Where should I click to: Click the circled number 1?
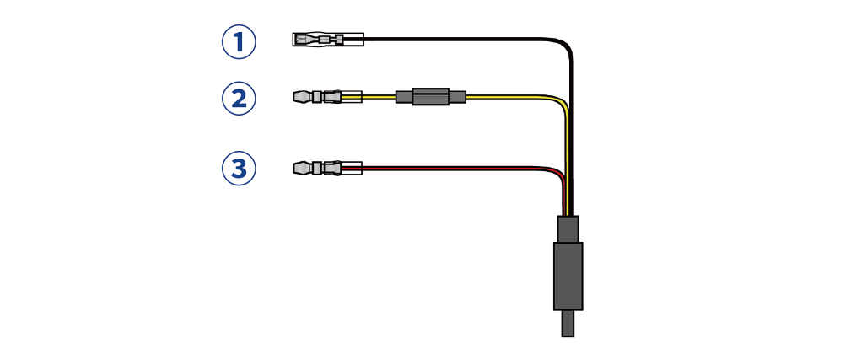[239, 42]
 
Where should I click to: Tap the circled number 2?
[239, 99]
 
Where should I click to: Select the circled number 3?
[239, 169]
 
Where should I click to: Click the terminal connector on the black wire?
[328, 40]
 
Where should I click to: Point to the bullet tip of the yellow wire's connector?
[302, 97]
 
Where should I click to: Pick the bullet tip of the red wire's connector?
[302, 168]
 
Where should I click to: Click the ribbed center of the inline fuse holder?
[431, 97]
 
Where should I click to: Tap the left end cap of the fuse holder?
[404, 97]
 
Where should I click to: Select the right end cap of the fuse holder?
[457, 97]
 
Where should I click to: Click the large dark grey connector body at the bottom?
[568, 276]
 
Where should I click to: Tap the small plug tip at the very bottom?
[568, 324]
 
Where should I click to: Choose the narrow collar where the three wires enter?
[568, 229]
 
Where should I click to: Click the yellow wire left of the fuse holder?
[379, 97]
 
